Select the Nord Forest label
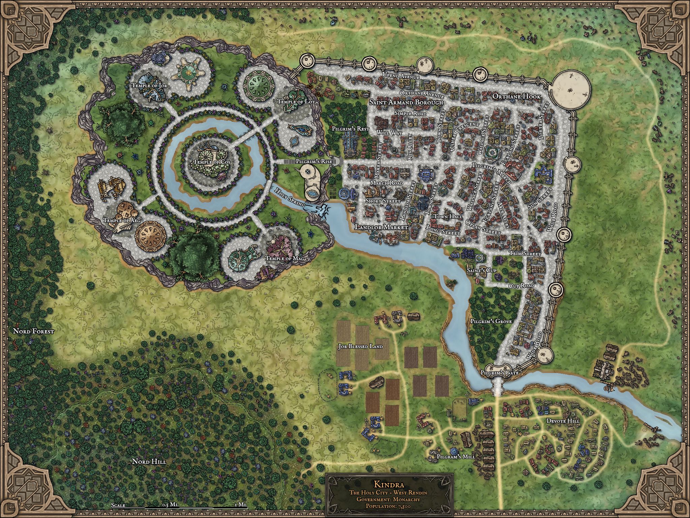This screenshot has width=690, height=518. pos(33,331)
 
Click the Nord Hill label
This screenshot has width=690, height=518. pos(149,461)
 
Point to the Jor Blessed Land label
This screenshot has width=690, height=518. pos(360,346)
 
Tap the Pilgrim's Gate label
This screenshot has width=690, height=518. pos(499,373)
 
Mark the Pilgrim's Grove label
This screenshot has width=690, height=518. pos(491,321)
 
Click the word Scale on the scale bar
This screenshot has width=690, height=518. pos(118,505)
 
